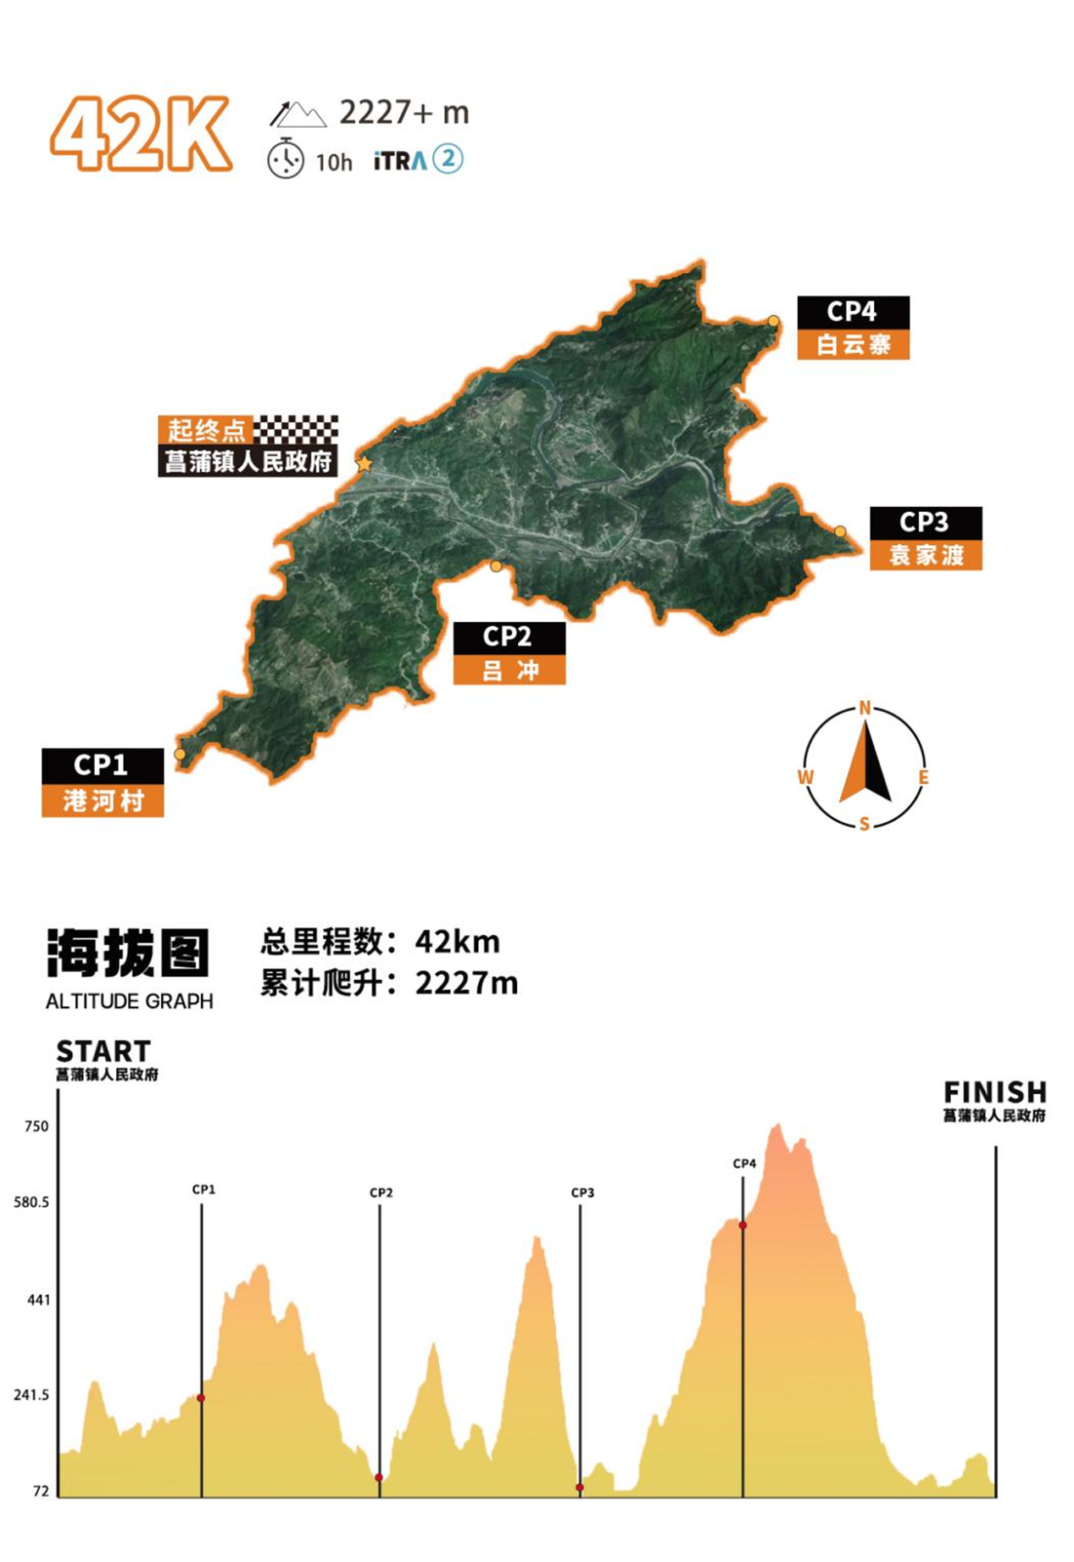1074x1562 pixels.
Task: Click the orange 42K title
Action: [141, 134]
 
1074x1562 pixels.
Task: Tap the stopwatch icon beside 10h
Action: [286, 159]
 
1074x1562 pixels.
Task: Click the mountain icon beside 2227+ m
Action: [298, 114]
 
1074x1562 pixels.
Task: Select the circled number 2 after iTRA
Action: [448, 159]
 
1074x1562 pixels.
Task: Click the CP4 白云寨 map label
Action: [853, 328]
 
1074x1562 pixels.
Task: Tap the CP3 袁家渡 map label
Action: [926, 538]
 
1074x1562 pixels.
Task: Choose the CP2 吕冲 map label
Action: [509, 653]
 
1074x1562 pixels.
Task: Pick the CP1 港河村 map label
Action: [103, 782]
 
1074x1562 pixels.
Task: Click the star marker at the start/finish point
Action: [364, 464]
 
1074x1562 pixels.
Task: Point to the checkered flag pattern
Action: [297, 430]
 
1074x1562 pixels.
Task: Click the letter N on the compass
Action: [865, 708]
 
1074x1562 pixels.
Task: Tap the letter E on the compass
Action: [923, 777]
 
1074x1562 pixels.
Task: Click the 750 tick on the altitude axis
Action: [36, 1126]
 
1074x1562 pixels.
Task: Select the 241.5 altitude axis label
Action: [31, 1394]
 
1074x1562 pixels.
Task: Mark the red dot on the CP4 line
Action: [743, 1226]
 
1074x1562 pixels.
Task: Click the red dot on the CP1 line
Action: [201, 1398]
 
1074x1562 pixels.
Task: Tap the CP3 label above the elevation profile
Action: [582, 1192]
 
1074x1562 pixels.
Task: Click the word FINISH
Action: [994, 1092]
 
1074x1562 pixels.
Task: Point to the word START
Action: [103, 1052]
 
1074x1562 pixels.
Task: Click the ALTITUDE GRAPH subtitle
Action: [130, 1001]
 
